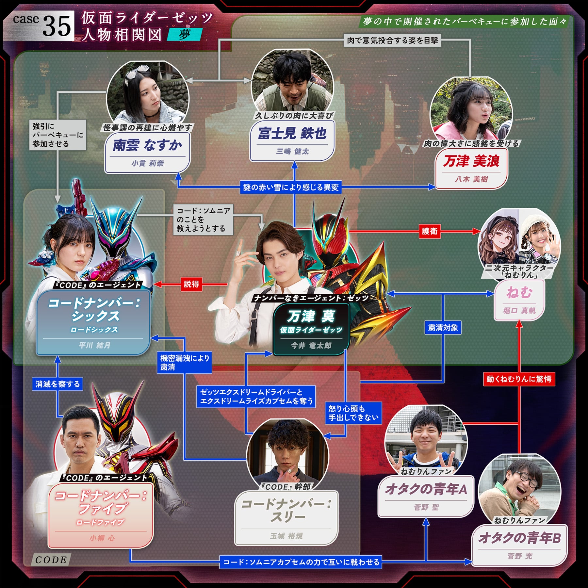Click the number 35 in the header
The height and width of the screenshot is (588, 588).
(57, 26)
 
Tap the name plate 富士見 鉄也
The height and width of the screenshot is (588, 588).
(292, 141)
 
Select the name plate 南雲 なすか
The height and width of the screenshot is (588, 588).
(147, 153)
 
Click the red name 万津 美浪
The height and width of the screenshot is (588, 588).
(471, 161)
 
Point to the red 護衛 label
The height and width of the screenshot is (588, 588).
(430, 231)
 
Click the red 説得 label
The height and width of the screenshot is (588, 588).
(191, 284)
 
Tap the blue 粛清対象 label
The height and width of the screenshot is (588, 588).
(443, 328)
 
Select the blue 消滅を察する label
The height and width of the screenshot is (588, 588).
(57, 384)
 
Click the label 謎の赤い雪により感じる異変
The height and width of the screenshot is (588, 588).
(291, 187)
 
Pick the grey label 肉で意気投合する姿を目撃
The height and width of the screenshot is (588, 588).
(392, 41)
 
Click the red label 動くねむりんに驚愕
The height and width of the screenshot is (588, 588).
(519, 379)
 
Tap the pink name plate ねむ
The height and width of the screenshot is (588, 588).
(519, 300)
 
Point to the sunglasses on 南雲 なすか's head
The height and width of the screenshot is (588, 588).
(138, 72)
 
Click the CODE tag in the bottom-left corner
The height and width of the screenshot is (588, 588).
(51, 560)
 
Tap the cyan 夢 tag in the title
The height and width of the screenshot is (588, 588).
(185, 34)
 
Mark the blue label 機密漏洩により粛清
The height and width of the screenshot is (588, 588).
(185, 363)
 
